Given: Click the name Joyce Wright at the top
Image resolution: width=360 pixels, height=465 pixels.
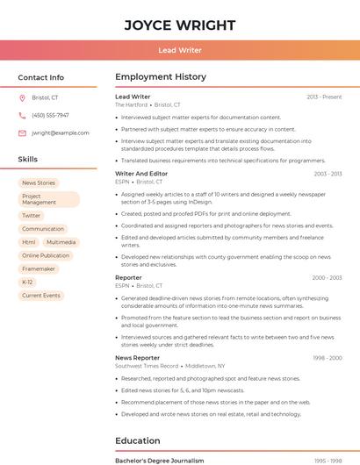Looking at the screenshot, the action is pyautogui.click(x=179, y=25).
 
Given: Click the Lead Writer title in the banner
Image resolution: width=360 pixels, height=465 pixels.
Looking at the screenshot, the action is pyautogui.click(x=179, y=50).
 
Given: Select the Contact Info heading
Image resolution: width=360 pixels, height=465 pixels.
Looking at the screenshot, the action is pyautogui.click(x=40, y=77).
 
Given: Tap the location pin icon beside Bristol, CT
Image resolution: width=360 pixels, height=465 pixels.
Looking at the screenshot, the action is pyautogui.click(x=22, y=98).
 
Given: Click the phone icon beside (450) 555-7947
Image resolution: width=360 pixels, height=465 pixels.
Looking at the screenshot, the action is pyautogui.click(x=22, y=115).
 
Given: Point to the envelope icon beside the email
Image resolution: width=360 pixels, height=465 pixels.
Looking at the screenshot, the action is pyautogui.click(x=22, y=133).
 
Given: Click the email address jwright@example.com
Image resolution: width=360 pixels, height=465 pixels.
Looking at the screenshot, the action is pyautogui.click(x=61, y=133).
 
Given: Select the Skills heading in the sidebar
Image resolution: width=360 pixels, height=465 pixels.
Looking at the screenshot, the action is pyautogui.click(x=28, y=159).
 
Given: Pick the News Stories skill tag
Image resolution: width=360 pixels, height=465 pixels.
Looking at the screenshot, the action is pyautogui.click(x=39, y=183).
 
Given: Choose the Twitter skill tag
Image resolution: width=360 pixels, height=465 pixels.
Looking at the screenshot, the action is pyautogui.click(x=32, y=215).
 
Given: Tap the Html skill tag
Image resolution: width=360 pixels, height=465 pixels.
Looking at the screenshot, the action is pyautogui.click(x=29, y=242).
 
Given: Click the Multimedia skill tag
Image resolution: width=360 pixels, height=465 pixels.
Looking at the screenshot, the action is pyautogui.click(x=61, y=242).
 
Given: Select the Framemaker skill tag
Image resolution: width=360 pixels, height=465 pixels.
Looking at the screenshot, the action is pyautogui.click(x=39, y=268).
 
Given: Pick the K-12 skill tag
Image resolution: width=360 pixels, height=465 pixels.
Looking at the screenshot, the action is pyautogui.click(x=27, y=283).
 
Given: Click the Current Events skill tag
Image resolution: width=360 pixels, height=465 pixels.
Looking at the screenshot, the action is pyautogui.click(x=41, y=296).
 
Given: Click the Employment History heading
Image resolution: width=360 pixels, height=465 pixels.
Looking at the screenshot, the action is pyautogui.click(x=161, y=77).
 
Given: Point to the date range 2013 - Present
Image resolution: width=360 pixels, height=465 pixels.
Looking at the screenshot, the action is pyautogui.click(x=324, y=97).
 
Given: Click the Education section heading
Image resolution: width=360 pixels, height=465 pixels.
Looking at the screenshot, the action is pyautogui.click(x=138, y=440).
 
